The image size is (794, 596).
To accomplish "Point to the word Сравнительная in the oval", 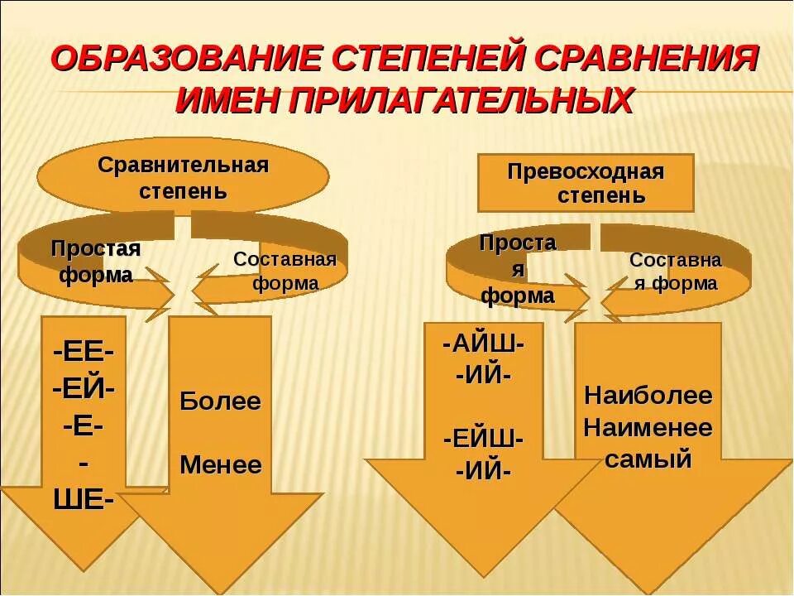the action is pos(183,164).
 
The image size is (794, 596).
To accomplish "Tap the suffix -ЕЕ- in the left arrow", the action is pos(84,352).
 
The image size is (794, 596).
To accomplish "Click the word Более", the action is pos(220,402).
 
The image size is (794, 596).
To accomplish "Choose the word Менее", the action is pos(220,464).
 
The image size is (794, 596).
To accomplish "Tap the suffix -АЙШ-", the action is pos(483,344).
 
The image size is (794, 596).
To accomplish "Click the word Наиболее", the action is pos(648,395).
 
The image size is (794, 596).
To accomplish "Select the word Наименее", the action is pos(648,428).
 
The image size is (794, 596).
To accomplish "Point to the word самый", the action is pos(648,459).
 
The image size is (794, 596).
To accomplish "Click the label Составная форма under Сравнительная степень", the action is pos(285,271).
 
